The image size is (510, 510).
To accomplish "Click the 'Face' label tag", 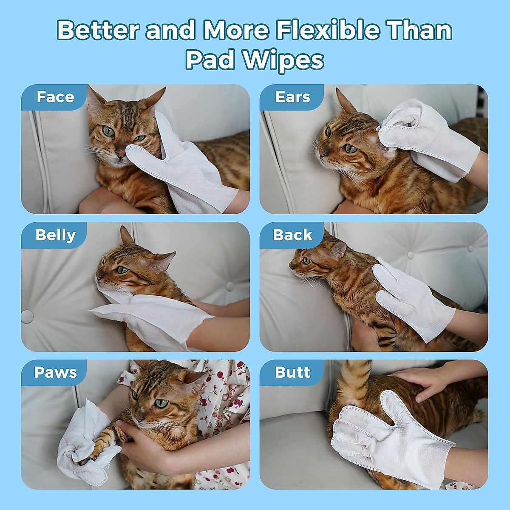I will click(x=55, y=97).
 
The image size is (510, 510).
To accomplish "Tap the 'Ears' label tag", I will click(x=292, y=97).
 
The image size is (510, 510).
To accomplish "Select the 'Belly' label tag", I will click(x=55, y=235).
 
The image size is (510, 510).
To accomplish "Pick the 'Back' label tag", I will click(x=292, y=235).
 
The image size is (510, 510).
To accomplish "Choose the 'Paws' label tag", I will click(x=55, y=372).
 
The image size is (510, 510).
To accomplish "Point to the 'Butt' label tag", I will click(x=292, y=372).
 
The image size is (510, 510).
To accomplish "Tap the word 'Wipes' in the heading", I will click(x=283, y=60).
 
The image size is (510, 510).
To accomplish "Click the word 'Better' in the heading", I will click(x=99, y=31).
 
